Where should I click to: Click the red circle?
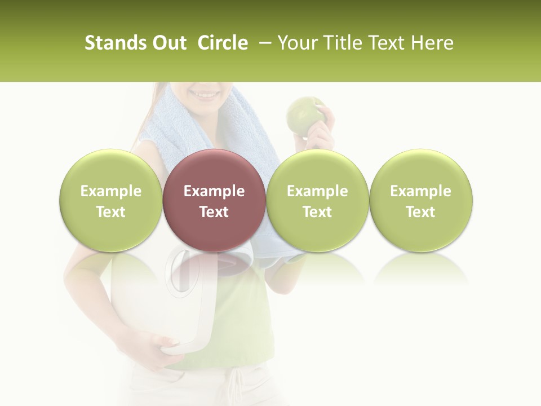(214, 201)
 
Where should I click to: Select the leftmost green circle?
(110, 201)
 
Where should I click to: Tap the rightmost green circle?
(420, 201)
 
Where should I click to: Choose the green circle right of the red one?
(317, 201)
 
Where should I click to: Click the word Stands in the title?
(114, 43)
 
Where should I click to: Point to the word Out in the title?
(168, 43)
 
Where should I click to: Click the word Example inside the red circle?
(214, 191)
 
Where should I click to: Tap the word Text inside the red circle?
(214, 212)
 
